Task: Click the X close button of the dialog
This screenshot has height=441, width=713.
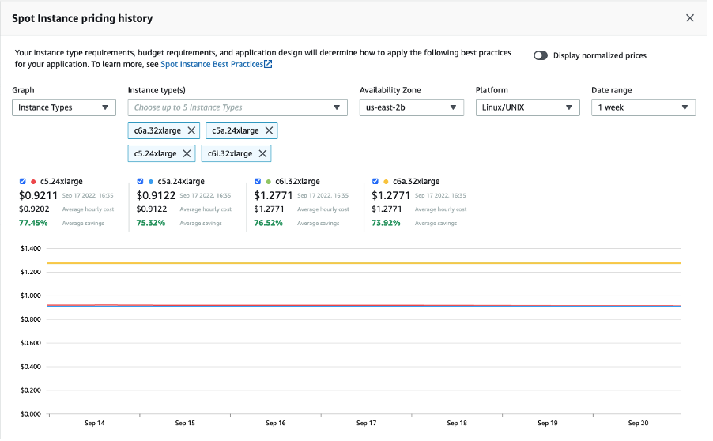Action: (689, 17)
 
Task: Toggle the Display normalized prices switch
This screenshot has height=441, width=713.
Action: (541, 56)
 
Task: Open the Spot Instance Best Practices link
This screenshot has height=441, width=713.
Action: (216, 64)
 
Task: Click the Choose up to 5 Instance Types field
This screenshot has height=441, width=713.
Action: (237, 107)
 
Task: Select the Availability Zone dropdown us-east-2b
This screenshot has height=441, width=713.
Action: (411, 107)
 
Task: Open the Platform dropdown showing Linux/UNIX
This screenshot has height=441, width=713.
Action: (527, 107)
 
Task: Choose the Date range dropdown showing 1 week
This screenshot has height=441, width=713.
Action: (643, 107)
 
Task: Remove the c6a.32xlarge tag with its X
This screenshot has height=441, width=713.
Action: (191, 130)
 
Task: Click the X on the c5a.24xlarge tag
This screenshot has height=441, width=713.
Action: (269, 130)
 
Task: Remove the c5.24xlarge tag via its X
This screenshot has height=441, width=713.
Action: (187, 153)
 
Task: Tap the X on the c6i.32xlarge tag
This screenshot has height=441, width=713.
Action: (262, 153)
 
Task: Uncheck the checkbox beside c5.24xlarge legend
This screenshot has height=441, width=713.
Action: (23, 181)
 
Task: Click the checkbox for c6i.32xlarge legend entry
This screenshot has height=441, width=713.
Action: (258, 181)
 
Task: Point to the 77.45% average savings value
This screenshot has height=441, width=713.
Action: (33, 223)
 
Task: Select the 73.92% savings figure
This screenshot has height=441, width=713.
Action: (387, 223)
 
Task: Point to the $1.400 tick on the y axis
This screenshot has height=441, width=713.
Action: (30, 248)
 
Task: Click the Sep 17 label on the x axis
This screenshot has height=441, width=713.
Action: (366, 424)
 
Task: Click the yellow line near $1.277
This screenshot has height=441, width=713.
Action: (364, 263)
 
